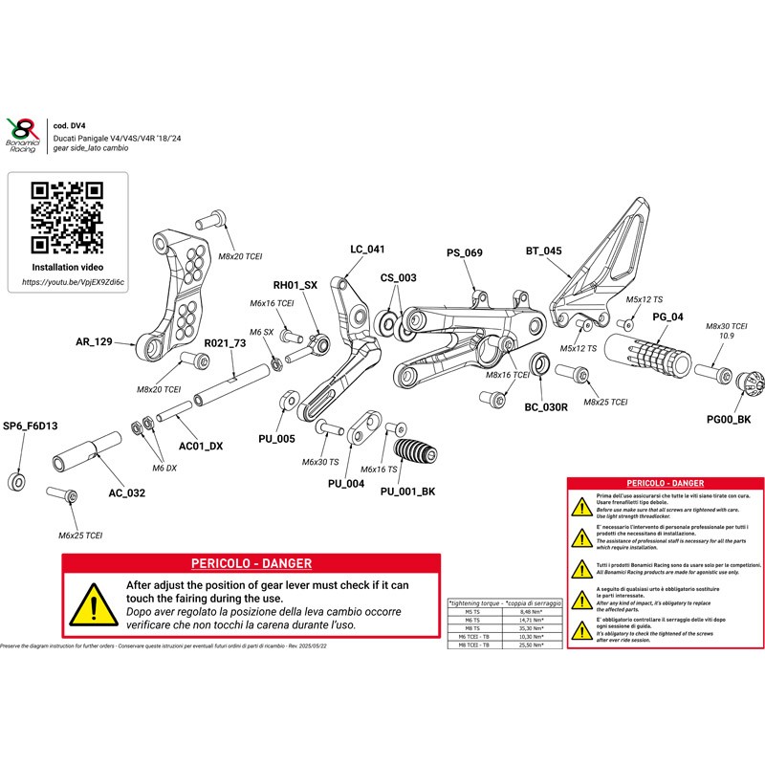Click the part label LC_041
[x=367, y=250]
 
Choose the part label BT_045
[x=543, y=251]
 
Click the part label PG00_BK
[x=729, y=419]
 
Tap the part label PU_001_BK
[x=408, y=492]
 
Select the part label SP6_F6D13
[x=32, y=426]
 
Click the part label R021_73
[x=226, y=342]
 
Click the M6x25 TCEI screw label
[x=80, y=535]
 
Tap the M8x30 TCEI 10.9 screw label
[x=727, y=331]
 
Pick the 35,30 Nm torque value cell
[x=530, y=628]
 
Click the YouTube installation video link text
[x=73, y=283]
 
